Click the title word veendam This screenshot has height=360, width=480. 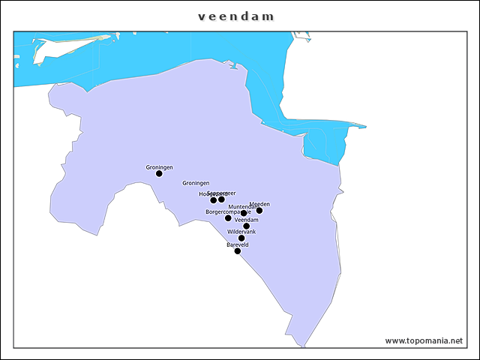click(236, 16)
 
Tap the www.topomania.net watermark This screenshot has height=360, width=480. click(424, 340)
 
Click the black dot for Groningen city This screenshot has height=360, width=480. click(159, 174)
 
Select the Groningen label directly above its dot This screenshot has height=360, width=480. click(159, 166)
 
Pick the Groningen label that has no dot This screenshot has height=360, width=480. click(196, 183)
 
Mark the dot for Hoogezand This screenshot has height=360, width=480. click(214, 200)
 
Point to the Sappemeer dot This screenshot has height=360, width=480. click(222, 199)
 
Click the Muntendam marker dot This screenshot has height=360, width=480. click(244, 214)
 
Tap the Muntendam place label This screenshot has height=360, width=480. click(243, 206)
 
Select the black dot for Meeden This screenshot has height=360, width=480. click(259, 211)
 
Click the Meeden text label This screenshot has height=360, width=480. click(259, 204)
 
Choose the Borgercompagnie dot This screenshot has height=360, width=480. click(228, 218)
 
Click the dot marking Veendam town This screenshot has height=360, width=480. click(246, 226)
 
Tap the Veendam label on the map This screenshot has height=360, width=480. click(246, 220)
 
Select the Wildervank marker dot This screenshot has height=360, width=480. click(241, 238)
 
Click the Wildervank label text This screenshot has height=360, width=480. click(241, 232)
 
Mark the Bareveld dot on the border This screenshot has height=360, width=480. click(238, 251)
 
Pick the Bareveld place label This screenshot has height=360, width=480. click(238, 244)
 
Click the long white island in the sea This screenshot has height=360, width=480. click(67, 47)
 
